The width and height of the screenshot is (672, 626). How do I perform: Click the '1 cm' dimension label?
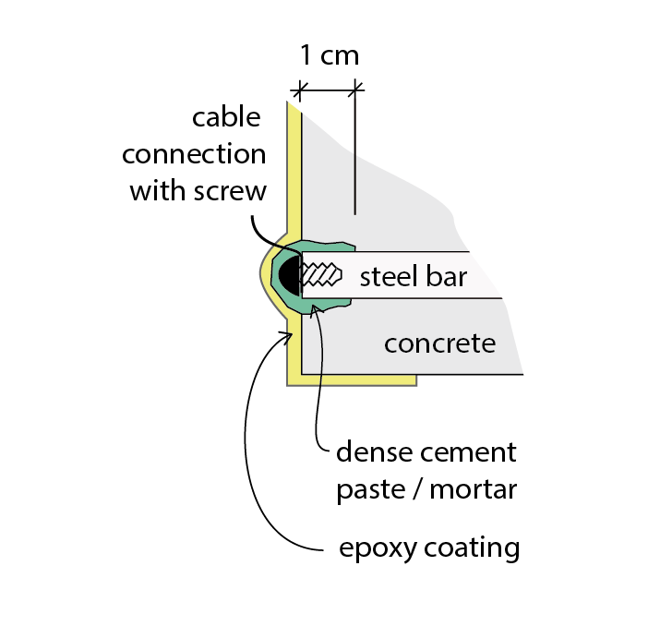pos(329,54)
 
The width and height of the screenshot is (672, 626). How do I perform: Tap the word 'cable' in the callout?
pos(226,118)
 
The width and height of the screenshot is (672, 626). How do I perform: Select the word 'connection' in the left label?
pos(194,154)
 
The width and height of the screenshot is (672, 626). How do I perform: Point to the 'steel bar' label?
pos(413,276)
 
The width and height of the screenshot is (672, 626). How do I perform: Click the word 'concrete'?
pos(439,343)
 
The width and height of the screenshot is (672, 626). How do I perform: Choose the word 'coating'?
pos(471,549)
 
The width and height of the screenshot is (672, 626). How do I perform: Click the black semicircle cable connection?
pos(290,275)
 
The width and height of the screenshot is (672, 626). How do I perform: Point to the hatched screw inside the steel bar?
pos(322,275)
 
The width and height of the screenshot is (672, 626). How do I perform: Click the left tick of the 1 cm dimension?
pos(297,90)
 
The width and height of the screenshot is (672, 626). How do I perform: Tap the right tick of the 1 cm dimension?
pos(356,90)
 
